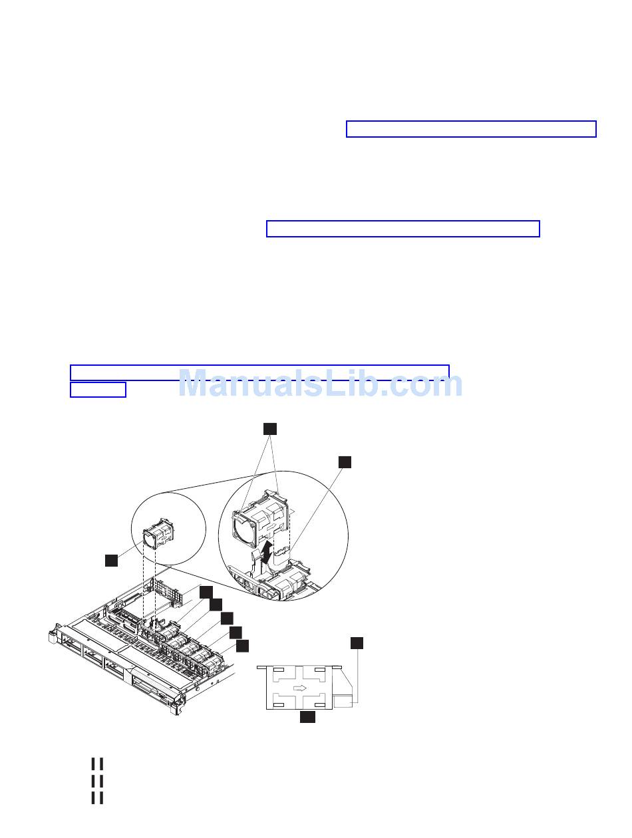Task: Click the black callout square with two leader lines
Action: click(269, 429)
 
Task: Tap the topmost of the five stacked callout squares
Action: click(206, 592)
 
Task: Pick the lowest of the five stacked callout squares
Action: click(242, 646)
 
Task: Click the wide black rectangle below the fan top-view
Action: click(307, 716)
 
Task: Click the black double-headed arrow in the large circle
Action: click(269, 551)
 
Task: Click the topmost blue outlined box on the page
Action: click(471, 128)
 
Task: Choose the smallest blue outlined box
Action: click(98, 390)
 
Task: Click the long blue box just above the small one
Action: click(259, 372)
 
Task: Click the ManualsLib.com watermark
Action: click(320, 383)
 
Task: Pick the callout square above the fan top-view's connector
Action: click(357, 643)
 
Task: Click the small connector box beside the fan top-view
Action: click(342, 701)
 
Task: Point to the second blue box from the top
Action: click(403, 228)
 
